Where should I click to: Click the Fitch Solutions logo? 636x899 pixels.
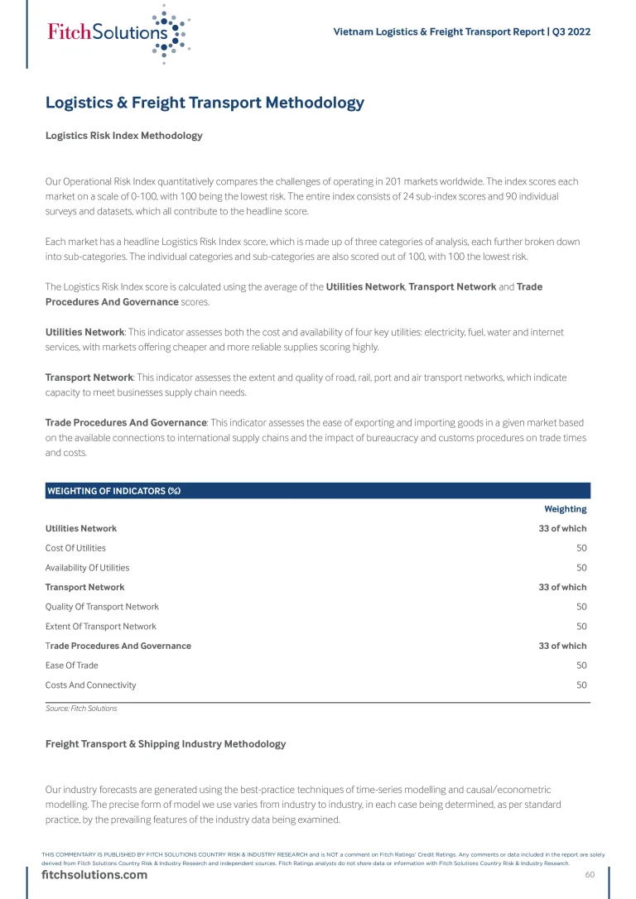point(116,33)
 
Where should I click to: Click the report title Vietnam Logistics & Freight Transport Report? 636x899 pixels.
point(461,31)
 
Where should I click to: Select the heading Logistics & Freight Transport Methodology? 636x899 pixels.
point(205,103)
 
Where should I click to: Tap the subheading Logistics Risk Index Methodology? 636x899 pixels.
point(123,135)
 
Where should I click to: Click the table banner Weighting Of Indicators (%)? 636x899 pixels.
point(113,491)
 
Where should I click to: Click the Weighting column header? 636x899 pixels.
point(565,509)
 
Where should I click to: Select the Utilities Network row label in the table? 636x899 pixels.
point(80,528)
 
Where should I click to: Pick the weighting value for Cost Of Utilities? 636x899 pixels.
point(581,548)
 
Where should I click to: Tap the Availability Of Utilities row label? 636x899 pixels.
point(87,568)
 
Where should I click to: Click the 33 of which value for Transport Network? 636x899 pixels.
point(562,587)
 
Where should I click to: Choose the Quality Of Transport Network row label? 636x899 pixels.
point(102,607)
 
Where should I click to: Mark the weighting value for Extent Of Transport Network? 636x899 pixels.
point(581,627)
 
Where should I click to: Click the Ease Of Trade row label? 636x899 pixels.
point(71,666)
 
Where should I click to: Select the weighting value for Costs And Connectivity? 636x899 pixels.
point(581,685)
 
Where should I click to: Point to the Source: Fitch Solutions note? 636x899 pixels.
point(81,709)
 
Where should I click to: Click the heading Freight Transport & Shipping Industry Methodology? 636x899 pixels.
point(166,744)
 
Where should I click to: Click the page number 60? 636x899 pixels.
point(590,875)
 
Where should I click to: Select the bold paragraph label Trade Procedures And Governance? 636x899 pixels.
point(126,423)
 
